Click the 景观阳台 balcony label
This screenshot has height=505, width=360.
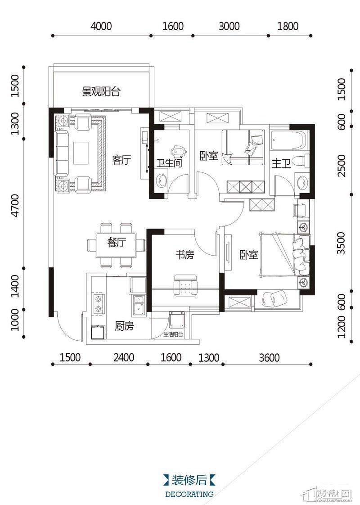coord(101,92)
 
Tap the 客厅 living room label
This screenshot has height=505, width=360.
coord(121,160)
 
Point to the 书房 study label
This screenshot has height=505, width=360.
coord(185,255)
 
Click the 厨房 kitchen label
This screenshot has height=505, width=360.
coord(124,326)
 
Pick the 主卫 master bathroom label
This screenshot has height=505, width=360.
coord(281,164)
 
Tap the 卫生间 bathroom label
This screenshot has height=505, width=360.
coord(169,162)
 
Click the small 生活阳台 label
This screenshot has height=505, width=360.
coord(173,334)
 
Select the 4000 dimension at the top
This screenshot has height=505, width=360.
coord(101,26)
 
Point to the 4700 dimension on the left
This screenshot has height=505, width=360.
coord(15,205)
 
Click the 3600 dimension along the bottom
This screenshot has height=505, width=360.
coord(269,357)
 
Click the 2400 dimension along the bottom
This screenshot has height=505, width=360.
coord(124,357)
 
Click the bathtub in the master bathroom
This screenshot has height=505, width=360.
coord(287,140)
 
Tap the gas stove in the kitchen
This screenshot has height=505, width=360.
coord(98,303)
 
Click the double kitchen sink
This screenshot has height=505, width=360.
coord(139,305)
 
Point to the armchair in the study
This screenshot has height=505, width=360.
coord(185,285)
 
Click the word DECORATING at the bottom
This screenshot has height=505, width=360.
coord(189,494)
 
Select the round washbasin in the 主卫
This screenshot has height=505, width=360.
coord(301,183)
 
